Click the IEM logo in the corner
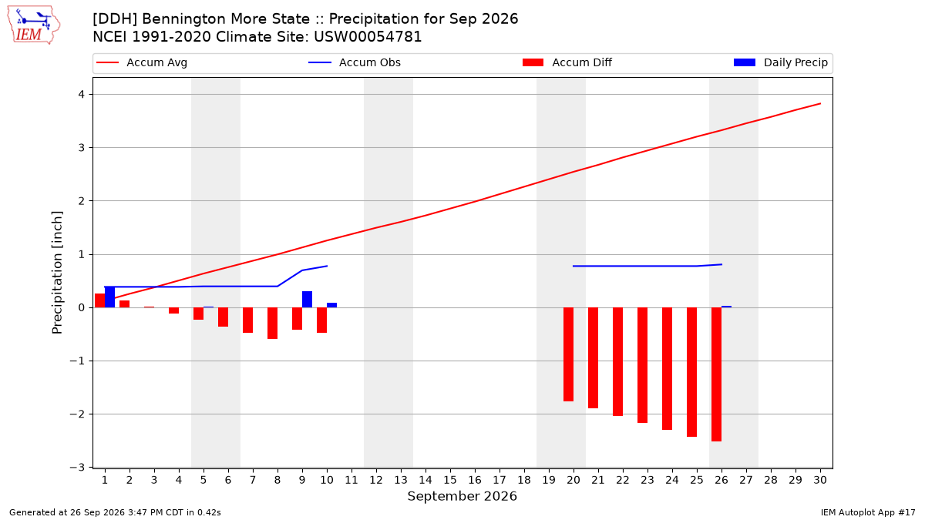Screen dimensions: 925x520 coord(34,25)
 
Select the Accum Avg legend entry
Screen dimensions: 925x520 coord(142,62)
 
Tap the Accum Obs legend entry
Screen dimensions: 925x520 coord(355,62)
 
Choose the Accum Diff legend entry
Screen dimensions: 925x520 coord(567,62)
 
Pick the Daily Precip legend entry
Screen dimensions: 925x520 coord(780,62)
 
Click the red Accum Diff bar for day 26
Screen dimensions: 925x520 coord(716,374)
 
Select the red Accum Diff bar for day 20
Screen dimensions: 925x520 coord(568,354)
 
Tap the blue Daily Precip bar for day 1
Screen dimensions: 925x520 coord(109,297)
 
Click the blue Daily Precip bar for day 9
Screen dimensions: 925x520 coord(308,299)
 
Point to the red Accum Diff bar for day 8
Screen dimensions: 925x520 coord(273,323)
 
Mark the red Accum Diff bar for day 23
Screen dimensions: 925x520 coord(643,365)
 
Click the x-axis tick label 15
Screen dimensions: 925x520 coord(450,480)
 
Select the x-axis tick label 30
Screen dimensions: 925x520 coord(820,480)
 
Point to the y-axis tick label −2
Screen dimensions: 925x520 coord(77,414)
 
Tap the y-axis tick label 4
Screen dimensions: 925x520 coord(82,95)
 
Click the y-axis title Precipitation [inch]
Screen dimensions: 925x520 coord(57,273)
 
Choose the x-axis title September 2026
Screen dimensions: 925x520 coord(462,496)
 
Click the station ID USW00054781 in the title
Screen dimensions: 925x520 coord(368,37)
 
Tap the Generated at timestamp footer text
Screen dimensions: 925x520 coord(115,512)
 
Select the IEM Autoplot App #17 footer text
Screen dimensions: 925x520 coord(868,512)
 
